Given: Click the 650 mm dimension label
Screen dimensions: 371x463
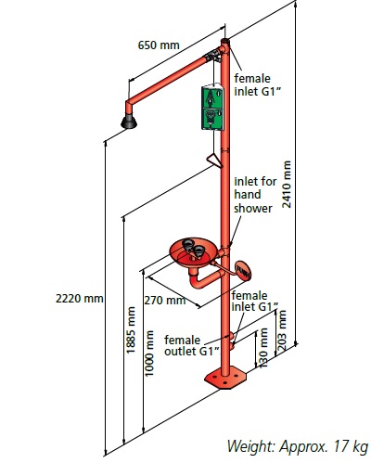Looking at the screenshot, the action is (x=159, y=45).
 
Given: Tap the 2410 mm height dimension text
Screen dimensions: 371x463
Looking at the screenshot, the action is (x=287, y=185).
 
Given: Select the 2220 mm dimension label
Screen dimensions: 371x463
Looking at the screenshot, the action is (x=80, y=299).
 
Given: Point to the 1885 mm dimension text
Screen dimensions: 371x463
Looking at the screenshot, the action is (x=131, y=329).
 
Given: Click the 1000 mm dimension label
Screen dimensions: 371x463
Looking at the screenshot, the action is (x=149, y=354).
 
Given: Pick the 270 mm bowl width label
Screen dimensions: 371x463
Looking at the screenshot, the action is (x=165, y=300).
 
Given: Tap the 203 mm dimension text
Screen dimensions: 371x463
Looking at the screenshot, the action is (x=282, y=330).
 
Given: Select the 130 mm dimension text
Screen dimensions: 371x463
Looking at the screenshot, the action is (x=262, y=348).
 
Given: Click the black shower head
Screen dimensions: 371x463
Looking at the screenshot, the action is (x=129, y=122).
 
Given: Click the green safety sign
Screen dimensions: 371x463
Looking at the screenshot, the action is (x=212, y=107).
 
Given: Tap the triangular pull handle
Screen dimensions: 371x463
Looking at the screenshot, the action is (x=214, y=161).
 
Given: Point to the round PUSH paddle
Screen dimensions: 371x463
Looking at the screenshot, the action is (x=243, y=271).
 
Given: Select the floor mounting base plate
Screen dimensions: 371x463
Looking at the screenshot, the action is (x=225, y=378).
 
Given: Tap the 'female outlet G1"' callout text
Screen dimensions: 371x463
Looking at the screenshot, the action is (x=192, y=345).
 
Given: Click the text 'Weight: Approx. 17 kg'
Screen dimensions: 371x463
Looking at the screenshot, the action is (x=298, y=446).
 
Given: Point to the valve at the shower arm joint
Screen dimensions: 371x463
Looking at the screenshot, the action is (x=213, y=56).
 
